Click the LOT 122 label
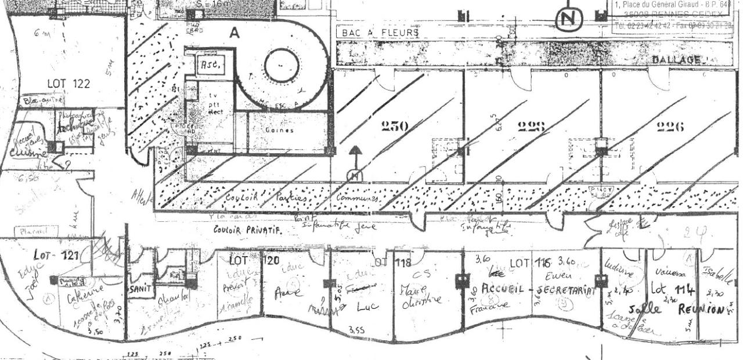pos(68,84)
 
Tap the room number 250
pos(395,126)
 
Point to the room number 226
pos(670,126)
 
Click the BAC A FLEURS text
pos(380,33)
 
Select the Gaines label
pos(279,130)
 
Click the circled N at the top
pos(569,20)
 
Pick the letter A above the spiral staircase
pos(234,34)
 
